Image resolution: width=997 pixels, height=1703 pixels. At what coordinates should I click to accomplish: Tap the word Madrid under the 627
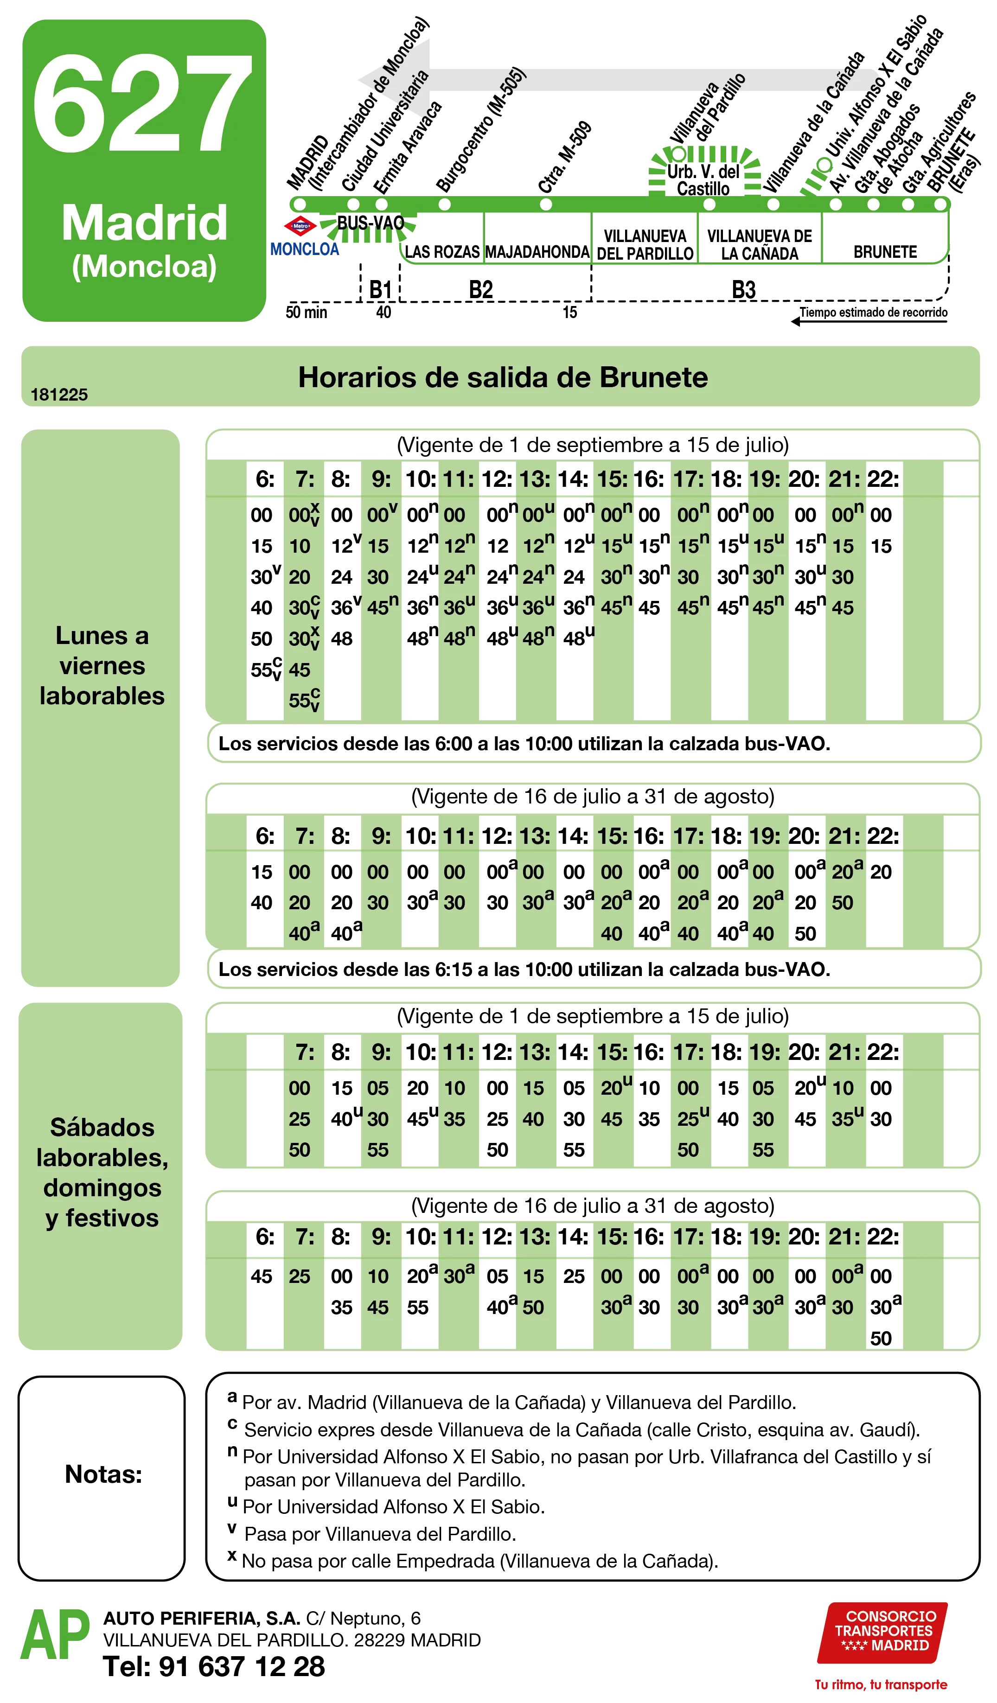pos(144,223)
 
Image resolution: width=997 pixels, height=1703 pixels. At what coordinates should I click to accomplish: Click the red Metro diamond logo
pos(300,226)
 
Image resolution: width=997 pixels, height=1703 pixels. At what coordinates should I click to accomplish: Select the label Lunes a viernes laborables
pos(102,666)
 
